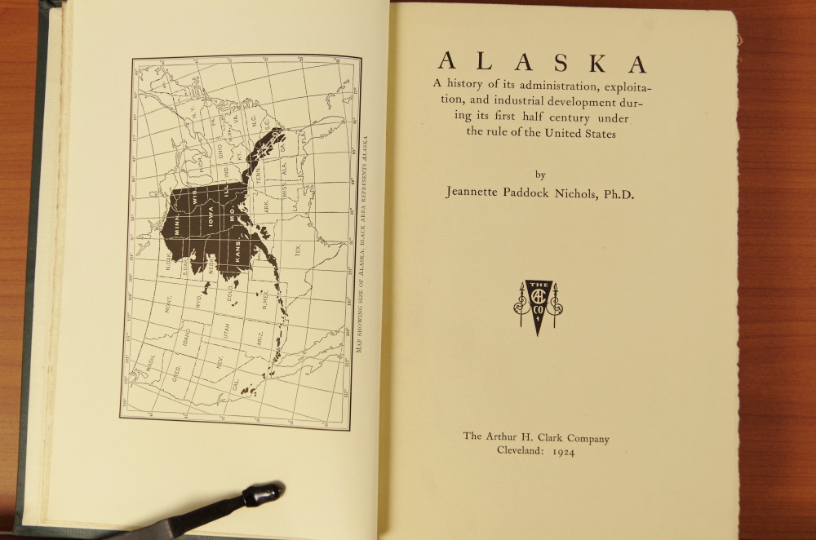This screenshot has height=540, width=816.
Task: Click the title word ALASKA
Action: click(542, 63)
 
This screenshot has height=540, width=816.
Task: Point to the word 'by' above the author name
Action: click(539, 175)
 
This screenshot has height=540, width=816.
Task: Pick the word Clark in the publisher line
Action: click(551, 438)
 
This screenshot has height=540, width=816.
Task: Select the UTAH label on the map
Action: click(226, 330)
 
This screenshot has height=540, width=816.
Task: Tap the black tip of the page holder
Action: click(265, 494)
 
